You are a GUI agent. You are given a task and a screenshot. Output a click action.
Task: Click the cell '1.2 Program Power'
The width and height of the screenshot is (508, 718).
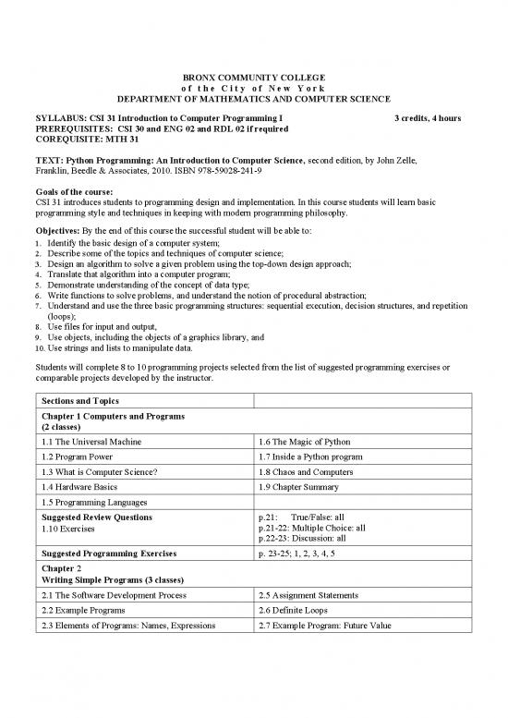click(x=76, y=456)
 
